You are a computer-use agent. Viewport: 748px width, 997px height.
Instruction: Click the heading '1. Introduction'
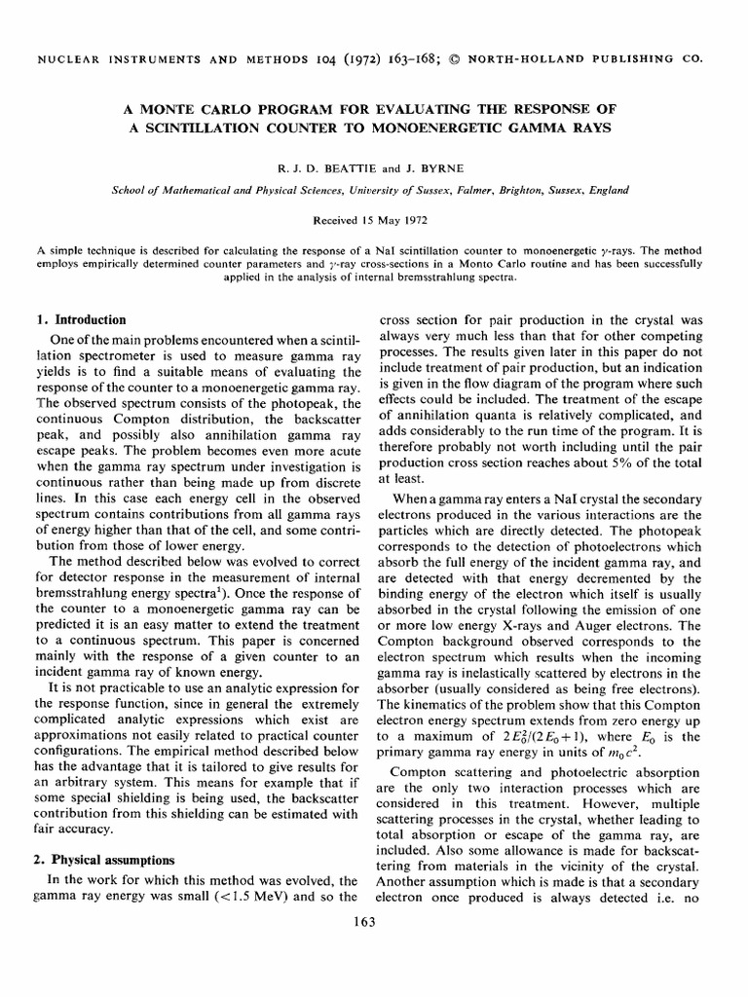[82, 319]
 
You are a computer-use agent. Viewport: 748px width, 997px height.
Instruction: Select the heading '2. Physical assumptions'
[111, 860]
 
